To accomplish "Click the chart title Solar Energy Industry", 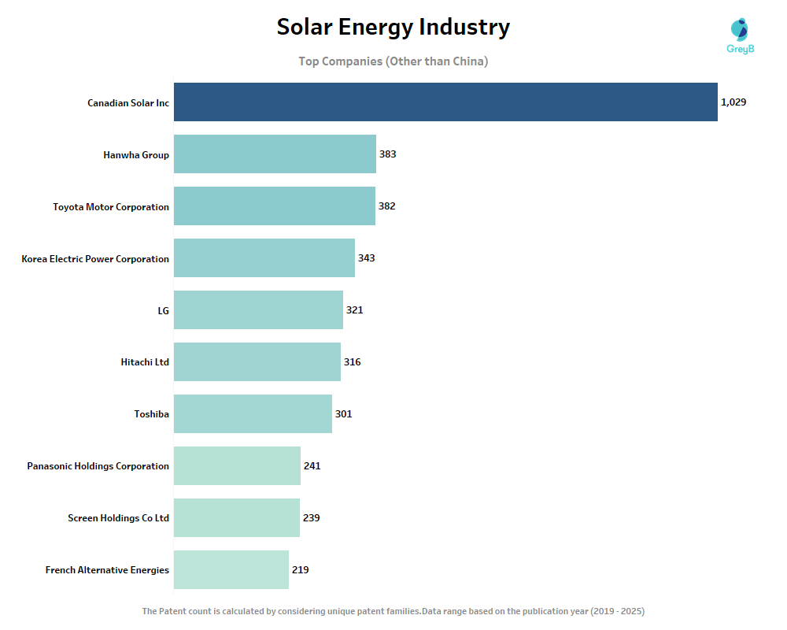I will coord(393,28).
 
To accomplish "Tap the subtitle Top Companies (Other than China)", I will coord(393,61).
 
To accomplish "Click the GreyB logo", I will coord(740,36).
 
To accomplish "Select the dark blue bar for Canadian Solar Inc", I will coord(445,102).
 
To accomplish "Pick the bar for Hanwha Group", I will coord(275,154).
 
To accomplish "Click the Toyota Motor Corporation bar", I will coord(275,206).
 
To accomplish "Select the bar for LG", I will coord(258,310).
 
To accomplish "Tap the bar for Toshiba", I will coord(253,413).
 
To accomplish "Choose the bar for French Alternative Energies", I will coord(231,569).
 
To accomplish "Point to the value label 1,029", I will coord(733,102).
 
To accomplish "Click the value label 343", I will coord(366,258).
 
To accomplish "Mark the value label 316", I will coord(352,362).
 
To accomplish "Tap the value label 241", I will coord(312,466).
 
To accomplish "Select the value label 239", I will coord(311,518).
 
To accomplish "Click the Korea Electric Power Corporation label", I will coord(95,259).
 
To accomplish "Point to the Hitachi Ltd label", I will coord(145,362).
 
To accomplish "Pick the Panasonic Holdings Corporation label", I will coord(98,466).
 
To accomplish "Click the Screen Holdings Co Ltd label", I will coord(119,518).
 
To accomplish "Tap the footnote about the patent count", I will coord(393,611).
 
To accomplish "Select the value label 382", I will coord(386,206).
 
